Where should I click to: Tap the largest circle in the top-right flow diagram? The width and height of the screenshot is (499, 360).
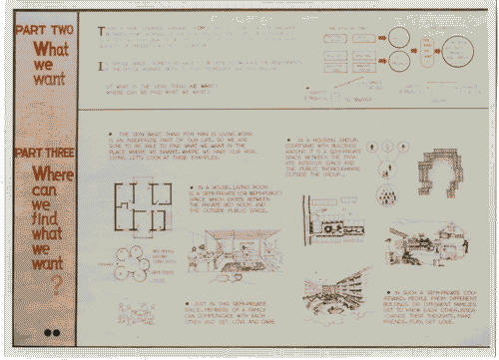[460, 49]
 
